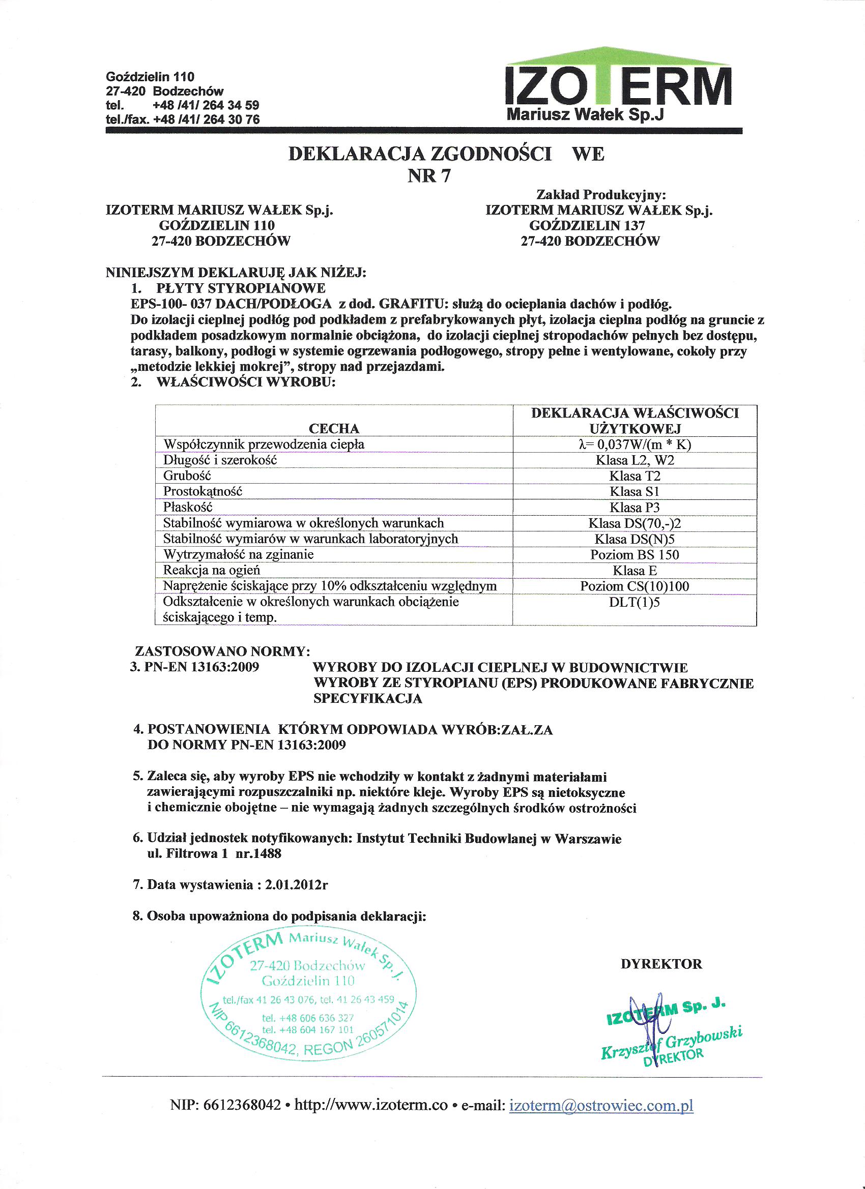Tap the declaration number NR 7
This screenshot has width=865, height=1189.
tap(428, 176)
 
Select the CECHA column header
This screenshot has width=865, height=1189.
tap(334, 428)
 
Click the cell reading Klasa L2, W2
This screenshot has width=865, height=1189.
tap(634, 460)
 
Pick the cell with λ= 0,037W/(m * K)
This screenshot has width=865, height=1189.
tap(634, 444)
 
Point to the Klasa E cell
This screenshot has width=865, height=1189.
tap(634, 571)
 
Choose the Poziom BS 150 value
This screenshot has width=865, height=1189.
tap(634, 555)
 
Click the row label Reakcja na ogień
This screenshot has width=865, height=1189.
tap(211, 570)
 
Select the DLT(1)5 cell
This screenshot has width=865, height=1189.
tap(634, 602)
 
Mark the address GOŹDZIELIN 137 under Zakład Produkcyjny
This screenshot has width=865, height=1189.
tap(587, 225)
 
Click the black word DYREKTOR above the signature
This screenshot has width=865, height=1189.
tap(661, 964)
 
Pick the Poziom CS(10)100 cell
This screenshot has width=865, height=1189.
tap(634, 586)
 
